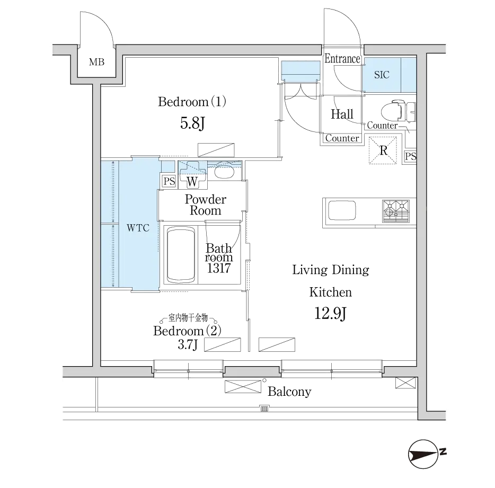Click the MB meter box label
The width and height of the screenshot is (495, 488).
point(96,62)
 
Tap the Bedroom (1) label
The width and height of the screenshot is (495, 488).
point(192,102)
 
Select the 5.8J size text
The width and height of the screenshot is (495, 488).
point(192,123)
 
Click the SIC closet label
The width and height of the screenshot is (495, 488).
point(382,75)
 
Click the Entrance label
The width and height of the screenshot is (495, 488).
point(342,59)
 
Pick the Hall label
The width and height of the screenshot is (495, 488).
point(342,114)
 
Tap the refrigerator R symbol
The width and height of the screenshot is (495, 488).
point(383,150)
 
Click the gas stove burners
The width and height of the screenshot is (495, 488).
point(396,211)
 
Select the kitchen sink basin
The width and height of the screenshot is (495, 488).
point(342,210)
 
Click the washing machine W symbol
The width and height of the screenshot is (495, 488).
point(192,182)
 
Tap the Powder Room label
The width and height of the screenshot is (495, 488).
point(206,205)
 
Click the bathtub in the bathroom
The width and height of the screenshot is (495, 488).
point(180,255)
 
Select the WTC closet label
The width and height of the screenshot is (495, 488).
point(138,228)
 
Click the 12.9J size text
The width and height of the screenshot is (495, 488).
point(331,314)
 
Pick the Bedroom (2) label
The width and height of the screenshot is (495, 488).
point(187,331)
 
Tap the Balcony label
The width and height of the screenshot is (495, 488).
point(289,392)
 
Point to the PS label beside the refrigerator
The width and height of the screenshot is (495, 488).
point(410,156)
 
